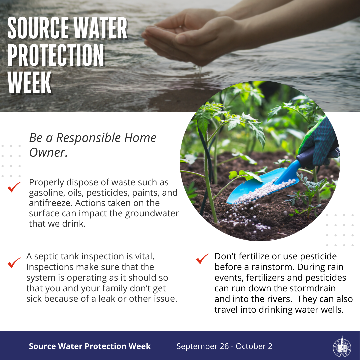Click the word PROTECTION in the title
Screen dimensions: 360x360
[56, 56]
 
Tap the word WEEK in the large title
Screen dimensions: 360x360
[30, 83]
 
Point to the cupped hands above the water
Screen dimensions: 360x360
[187, 38]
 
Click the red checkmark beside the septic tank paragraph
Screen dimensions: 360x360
[14, 263]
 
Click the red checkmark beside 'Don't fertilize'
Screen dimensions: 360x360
[202, 259]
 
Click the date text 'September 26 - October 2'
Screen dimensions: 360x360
[224, 346]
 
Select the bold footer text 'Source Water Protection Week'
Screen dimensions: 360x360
[90, 346]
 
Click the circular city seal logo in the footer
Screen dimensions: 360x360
[341, 346]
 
